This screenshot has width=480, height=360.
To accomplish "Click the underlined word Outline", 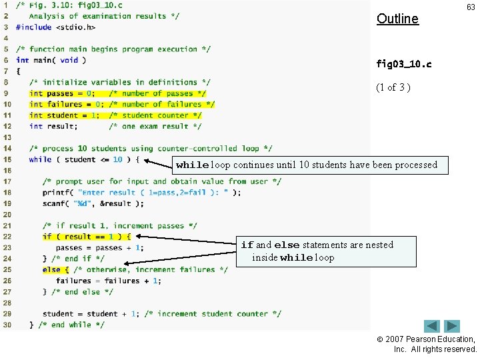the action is (x=397, y=19).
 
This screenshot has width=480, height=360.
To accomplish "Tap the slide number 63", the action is (x=471, y=7).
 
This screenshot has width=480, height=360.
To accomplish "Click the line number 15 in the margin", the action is (x=7, y=159).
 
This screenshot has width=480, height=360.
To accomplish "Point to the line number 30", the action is (x=7, y=325).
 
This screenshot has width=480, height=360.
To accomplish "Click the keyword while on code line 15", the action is (x=40, y=159).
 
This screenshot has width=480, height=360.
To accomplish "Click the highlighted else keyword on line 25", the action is (x=51, y=269).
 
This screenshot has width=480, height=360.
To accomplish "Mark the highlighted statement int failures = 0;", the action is (x=67, y=104).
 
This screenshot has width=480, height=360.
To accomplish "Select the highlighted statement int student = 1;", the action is (x=65, y=115).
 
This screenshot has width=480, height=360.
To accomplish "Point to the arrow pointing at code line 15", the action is (x=158, y=162).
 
